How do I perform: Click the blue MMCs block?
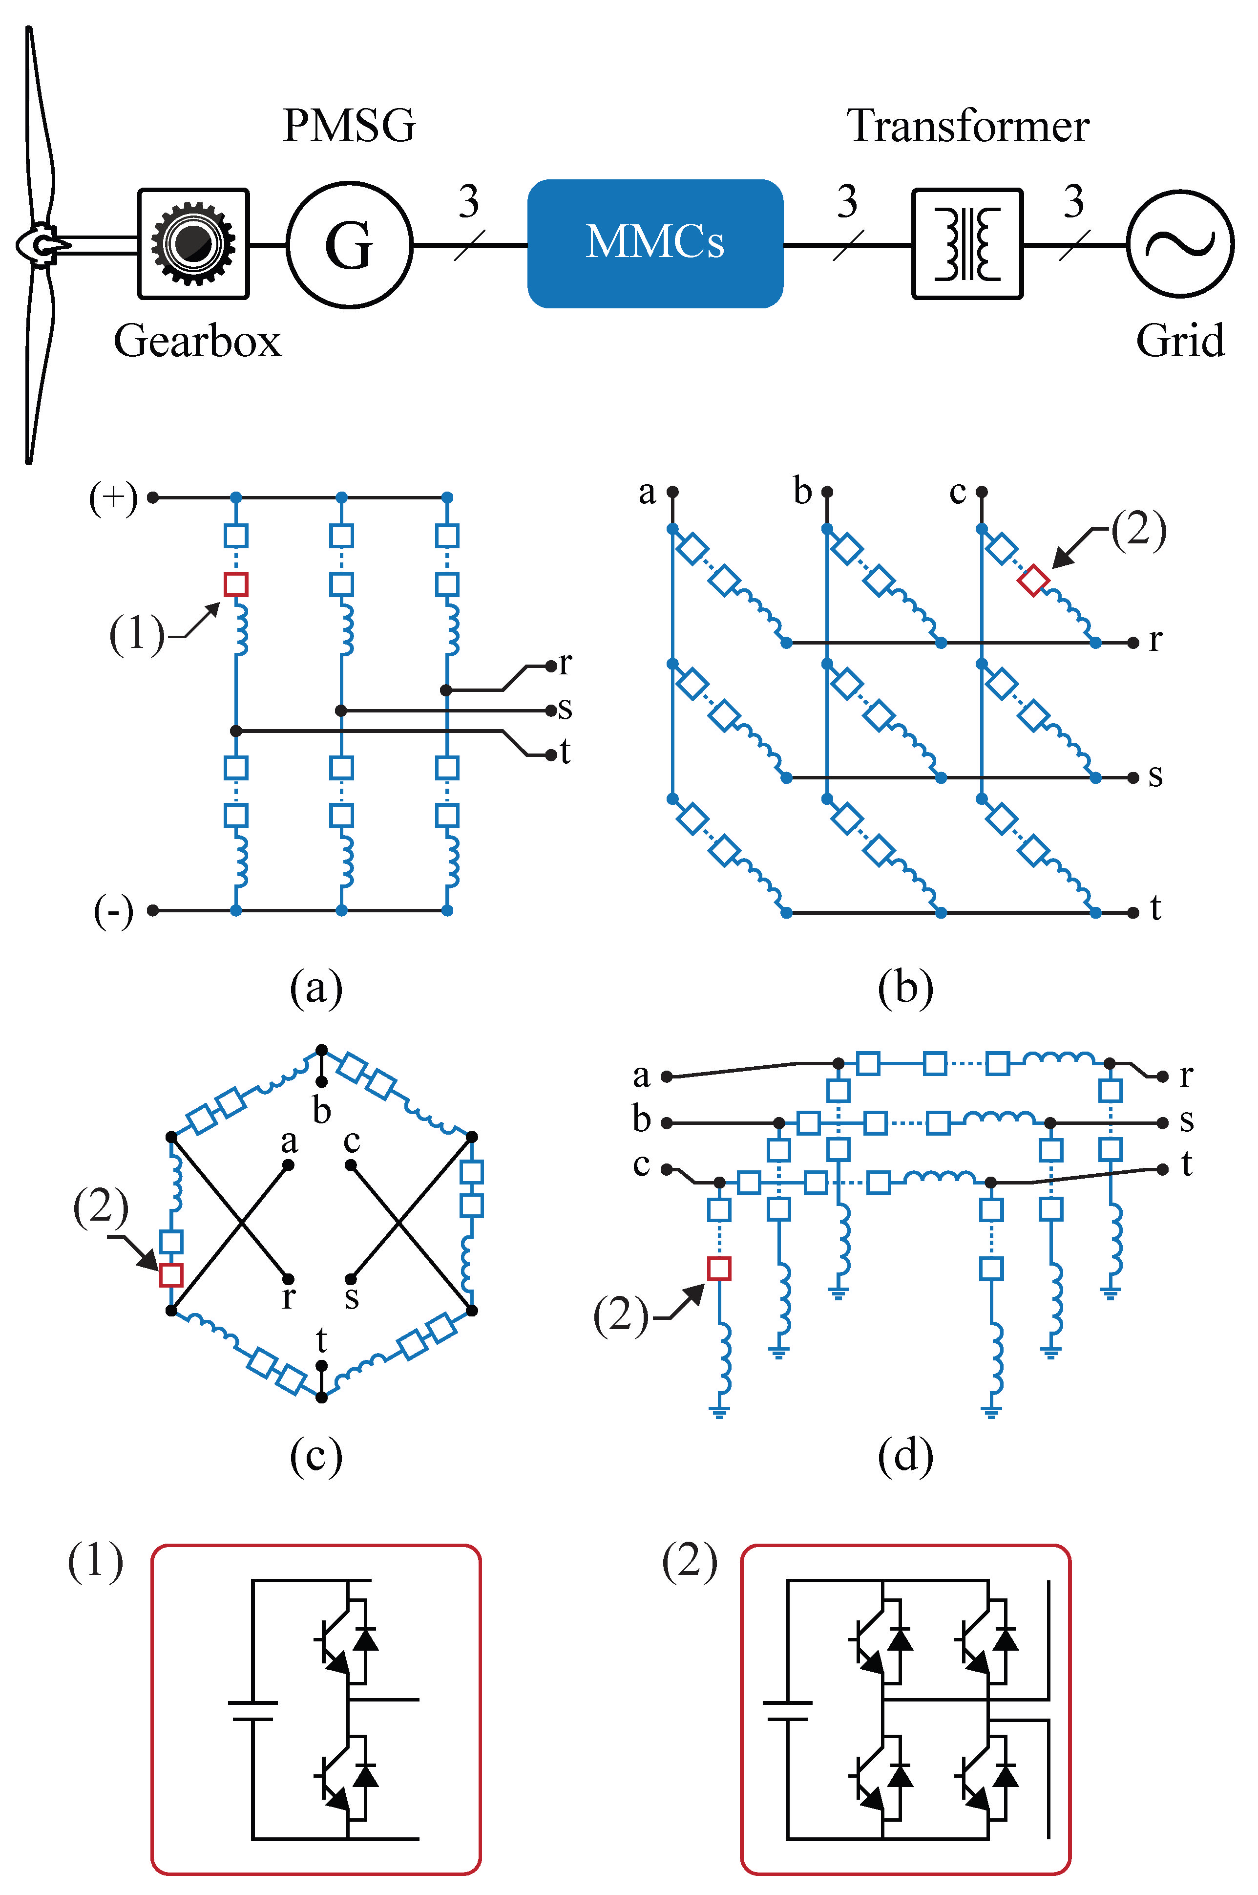pos(655,243)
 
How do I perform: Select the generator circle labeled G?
pos(350,245)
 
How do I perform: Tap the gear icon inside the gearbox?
pos(193,243)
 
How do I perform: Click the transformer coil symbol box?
pos(967,244)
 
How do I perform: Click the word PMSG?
pos(350,126)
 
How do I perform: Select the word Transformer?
pos(967,126)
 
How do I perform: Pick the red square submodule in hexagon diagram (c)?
pos(172,1274)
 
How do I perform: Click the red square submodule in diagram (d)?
pos(719,1268)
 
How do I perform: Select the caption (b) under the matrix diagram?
pos(905,988)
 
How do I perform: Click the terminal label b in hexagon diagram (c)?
pos(322,1111)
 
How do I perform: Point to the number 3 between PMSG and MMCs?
pos(468,201)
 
